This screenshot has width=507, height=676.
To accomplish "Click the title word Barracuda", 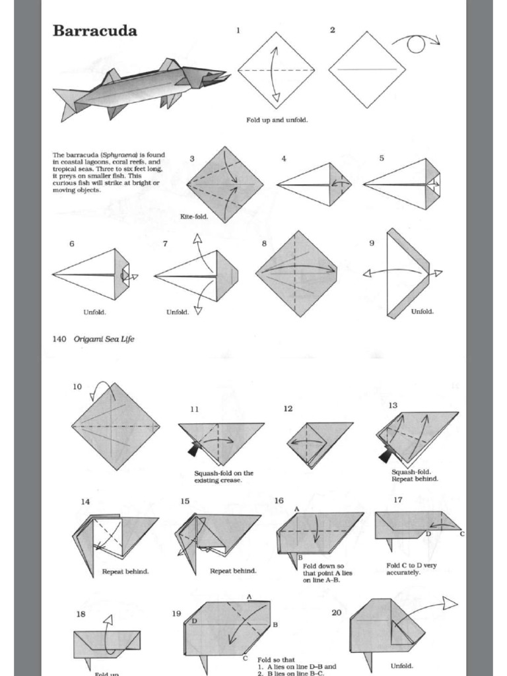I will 94,30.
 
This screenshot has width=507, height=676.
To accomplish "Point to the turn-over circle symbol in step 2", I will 415,44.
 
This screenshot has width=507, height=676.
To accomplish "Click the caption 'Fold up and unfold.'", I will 277,120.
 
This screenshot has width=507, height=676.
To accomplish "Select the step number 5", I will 382,158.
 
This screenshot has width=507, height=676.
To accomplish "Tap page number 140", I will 59,339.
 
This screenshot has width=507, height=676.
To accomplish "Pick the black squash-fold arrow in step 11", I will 193,450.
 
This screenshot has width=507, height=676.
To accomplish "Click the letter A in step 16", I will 296,508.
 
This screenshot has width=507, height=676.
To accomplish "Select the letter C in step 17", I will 462,533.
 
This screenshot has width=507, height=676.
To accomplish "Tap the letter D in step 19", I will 195,621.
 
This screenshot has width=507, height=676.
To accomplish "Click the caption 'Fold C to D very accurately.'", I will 411,569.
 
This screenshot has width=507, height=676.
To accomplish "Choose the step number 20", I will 337,613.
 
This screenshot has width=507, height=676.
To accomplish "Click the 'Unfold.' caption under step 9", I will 422,312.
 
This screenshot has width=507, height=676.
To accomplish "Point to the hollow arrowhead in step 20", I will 450,602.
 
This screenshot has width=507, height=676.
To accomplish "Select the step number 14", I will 85,502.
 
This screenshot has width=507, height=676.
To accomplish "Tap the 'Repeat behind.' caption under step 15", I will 233,571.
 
